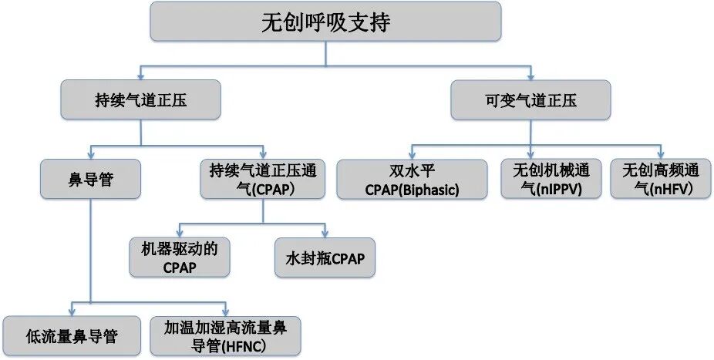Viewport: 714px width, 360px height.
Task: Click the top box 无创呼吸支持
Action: [x=325, y=22]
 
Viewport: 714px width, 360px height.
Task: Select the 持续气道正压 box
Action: [x=140, y=100]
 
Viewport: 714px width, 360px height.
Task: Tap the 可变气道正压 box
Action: [x=530, y=100]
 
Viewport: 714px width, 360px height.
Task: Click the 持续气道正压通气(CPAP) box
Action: [x=264, y=179]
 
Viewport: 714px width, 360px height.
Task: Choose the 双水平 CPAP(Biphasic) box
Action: [x=412, y=179]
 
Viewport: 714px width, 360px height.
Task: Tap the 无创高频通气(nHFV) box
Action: [x=661, y=179]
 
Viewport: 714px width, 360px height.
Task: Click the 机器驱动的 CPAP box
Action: [x=179, y=257]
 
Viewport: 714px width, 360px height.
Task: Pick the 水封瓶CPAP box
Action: [x=325, y=257]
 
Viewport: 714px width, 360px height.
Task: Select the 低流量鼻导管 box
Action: [x=72, y=335]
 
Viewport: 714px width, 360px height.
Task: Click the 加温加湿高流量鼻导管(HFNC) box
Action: [x=224, y=335]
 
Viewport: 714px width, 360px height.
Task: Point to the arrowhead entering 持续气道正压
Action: [x=140, y=77]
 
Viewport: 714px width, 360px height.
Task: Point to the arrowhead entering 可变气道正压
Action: [x=530, y=77]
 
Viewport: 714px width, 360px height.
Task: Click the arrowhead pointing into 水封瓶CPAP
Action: [x=325, y=234]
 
